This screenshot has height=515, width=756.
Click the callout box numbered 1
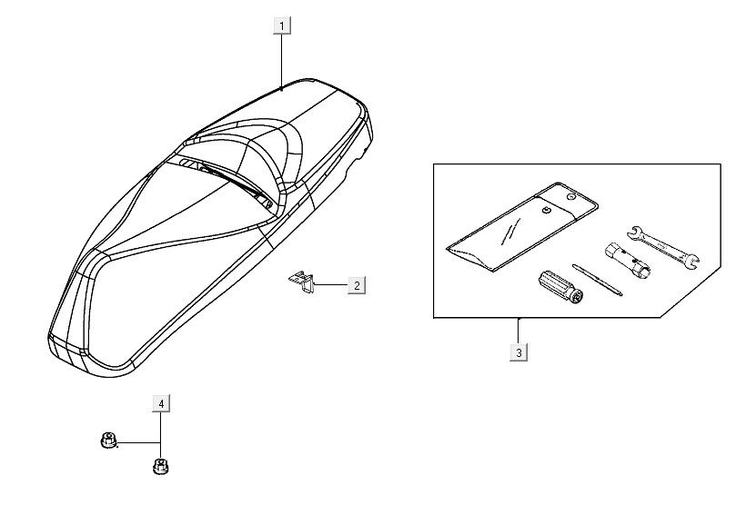(282, 25)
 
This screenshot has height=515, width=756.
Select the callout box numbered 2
(357, 285)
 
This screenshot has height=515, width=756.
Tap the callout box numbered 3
(519, 352)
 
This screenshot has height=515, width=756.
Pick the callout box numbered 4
(162, 404)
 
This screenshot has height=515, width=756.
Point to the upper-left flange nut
(108, 440)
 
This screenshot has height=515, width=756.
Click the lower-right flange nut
(161, 466)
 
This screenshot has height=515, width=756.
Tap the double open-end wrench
(663, 246)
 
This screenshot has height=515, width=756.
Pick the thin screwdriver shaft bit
(598, 280)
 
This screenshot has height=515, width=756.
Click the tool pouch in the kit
(522, 226)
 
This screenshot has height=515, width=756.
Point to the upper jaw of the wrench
(636, 232)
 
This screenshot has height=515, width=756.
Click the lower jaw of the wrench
(692, 262)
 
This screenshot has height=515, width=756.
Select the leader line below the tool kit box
(519, 332)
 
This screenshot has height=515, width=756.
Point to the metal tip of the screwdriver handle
(577, 298)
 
